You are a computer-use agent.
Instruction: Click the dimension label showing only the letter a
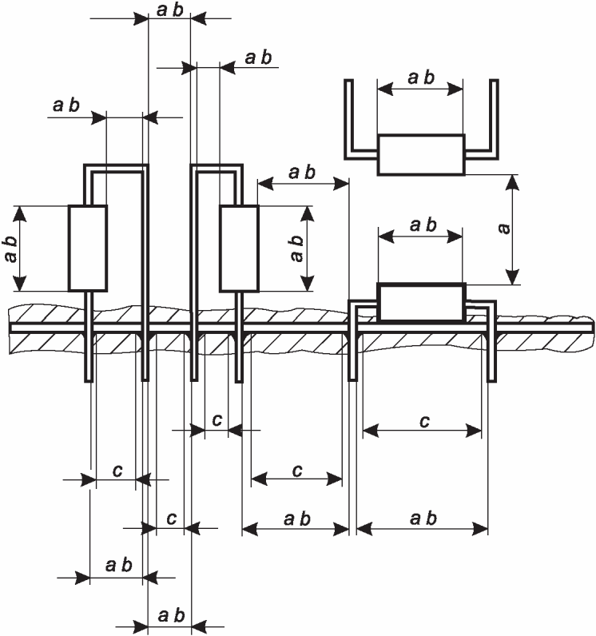point(503,229)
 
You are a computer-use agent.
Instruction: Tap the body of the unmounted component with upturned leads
point(421,154)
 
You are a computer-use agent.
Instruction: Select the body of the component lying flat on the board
point(421,302)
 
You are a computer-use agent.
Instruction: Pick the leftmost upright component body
point(88,248)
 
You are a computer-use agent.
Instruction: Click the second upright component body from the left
point(239,248)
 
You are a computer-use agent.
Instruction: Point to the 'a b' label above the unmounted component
point(421,78)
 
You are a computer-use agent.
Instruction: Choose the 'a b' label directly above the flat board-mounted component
point(423,225)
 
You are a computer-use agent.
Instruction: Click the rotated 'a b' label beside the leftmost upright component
point(11,248)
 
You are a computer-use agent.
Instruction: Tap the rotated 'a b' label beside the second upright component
point(296,248)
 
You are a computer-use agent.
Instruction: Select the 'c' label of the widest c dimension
point(424,422)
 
